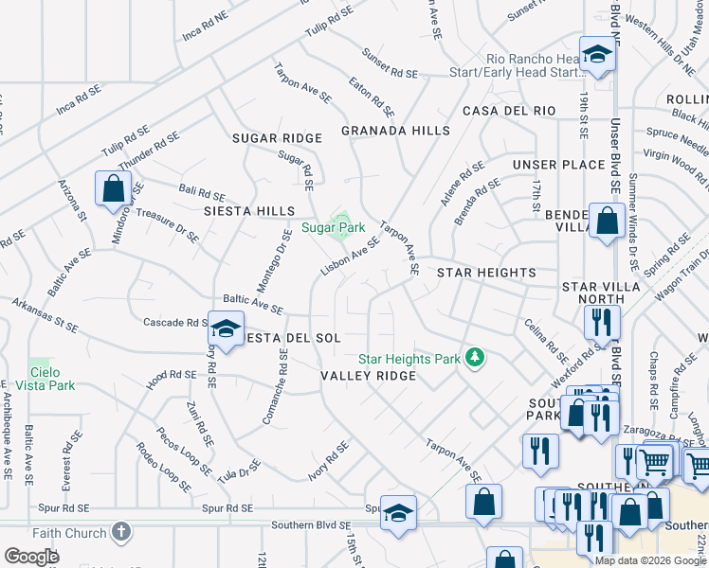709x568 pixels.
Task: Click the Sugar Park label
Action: pyautogui.click(x=333, y=227)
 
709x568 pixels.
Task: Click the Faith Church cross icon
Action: pyautogui.click(x=119, y=532)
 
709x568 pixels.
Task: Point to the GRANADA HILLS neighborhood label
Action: pyautogui.click(x=395, y=131)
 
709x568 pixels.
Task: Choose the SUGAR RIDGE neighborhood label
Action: pyautogui.click(x=278, y=138)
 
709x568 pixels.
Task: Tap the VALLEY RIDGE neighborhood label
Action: pyautogui.click(x=368, y=376)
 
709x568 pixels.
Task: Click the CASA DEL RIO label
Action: pyautogui.click(x=509, y=111)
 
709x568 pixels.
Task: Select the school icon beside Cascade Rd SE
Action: pyautogui.click(x=226, y=328)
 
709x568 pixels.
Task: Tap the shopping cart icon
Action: pyautogui.click(x=653, y=461)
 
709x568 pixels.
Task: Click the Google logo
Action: pyautogui.click(x=31, y=557)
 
